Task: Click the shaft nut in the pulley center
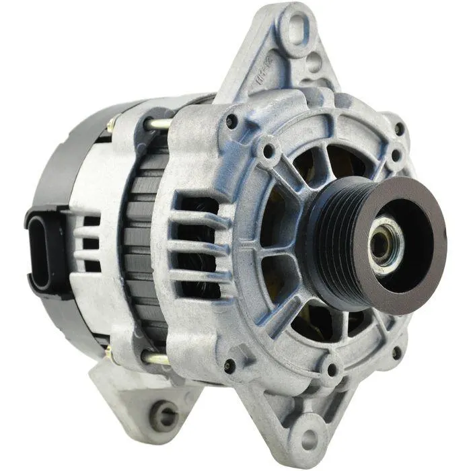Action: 381,246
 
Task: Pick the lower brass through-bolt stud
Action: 156,359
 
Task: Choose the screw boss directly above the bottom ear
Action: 329,369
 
